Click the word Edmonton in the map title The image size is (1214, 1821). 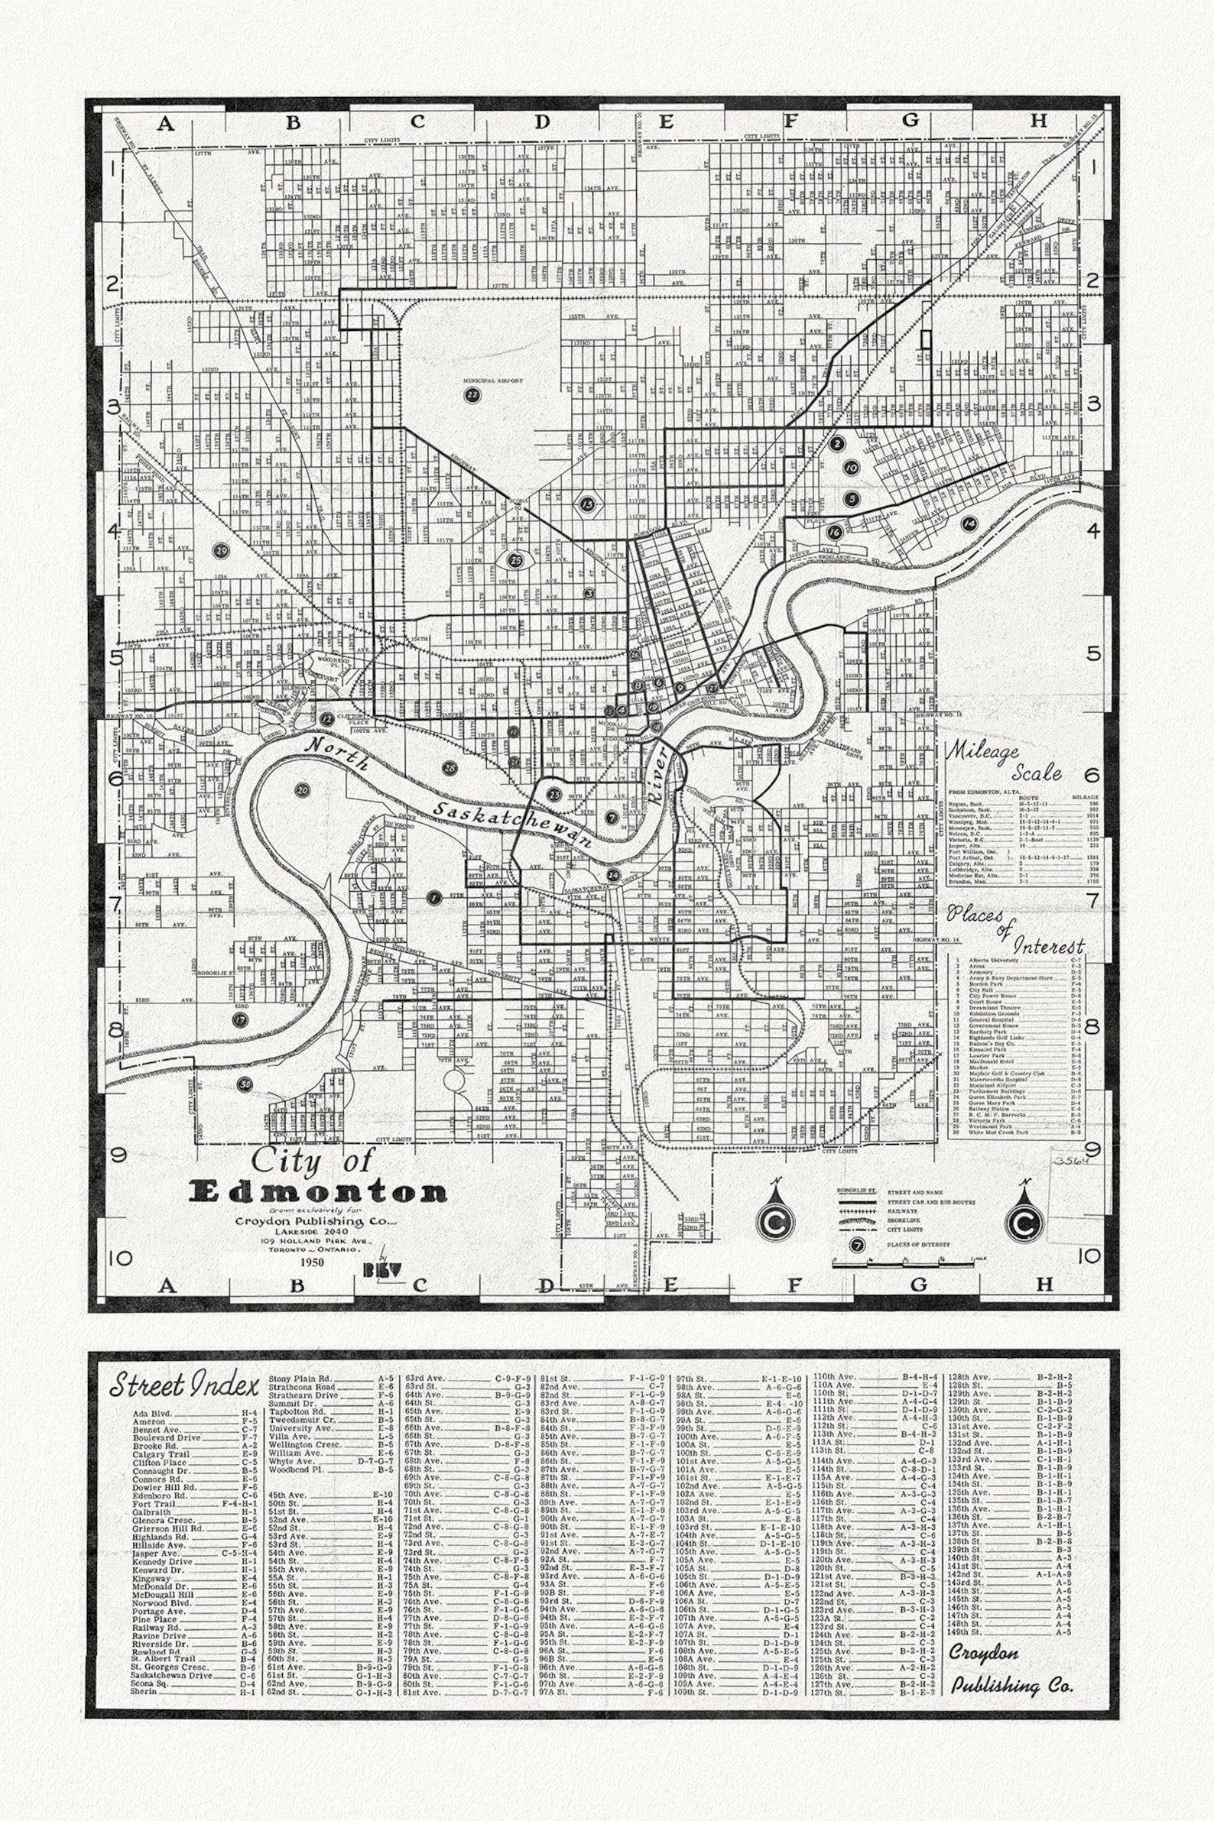(317, 1192)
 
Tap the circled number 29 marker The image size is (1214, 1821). (222, 550)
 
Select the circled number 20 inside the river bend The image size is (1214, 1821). (302, 790)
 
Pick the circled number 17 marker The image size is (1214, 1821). (241, 1020)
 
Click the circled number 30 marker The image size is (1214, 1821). (245, 1084)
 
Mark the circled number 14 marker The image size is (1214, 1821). (969, 524)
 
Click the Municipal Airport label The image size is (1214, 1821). (493, 381)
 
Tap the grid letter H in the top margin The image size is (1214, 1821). (1038, 120)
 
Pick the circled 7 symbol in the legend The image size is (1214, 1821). (856, 1246)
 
